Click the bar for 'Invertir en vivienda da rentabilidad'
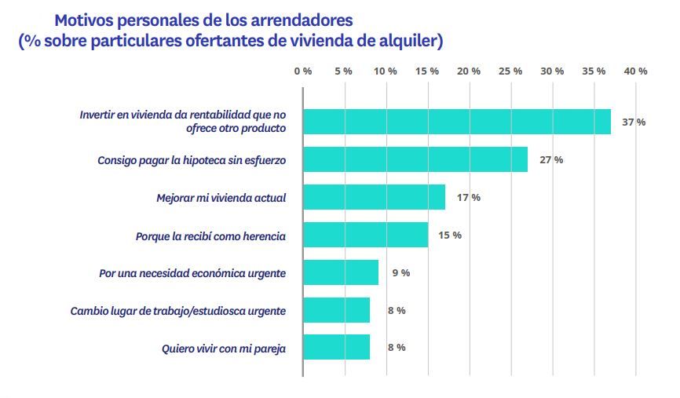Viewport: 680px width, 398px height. (x=457, y=122)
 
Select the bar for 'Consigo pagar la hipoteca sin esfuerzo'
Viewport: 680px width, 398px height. (x=415, y=159)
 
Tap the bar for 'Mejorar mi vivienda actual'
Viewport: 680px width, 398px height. (x=374, y=197)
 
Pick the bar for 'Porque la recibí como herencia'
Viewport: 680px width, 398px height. (x=366, y=235)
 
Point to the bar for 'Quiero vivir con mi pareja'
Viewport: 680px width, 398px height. (x=336, y=347)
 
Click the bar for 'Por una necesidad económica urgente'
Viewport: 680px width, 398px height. (x=341, y=272)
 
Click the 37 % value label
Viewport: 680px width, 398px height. (x=634, y=122)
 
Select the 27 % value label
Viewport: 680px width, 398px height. (x=551, y=159)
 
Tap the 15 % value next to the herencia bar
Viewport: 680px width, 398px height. (x=450, y=235)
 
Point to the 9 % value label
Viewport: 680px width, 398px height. (x=400, y=272)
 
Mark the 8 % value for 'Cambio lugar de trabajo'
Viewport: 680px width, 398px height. (x=397, y=310)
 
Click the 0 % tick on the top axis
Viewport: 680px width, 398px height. (x=303, y=71)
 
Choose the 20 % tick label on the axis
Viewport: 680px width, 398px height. (x=469, y=71)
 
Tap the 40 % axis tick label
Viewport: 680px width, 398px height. (x=635, y=71)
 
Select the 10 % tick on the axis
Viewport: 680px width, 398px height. (x=386, y=71)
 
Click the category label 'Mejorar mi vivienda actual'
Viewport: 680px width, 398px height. (x=221, y=197)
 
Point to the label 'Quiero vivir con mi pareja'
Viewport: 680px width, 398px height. (x=223, y=347)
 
